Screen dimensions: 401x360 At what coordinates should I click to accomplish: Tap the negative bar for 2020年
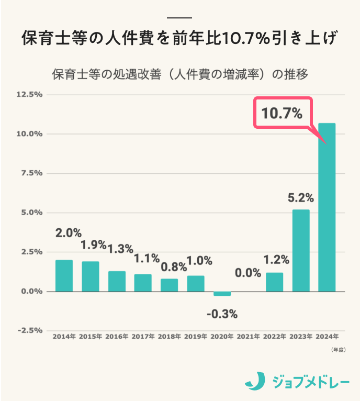pyautogui.click(x=222, y=294)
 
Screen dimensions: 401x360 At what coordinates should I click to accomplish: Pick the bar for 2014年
pyautogui.click(x=64, y=275)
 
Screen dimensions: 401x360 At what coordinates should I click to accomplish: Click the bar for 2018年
pyautogui.click(x=169, y=285)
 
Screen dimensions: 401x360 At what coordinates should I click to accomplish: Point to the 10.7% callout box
pyautogui.click(x=283, y=113)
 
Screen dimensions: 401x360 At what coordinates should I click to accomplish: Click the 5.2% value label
pyautogui.click(x=301, y=198)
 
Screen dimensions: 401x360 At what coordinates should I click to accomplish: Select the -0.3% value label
pyautogui.click(x=222, y=314)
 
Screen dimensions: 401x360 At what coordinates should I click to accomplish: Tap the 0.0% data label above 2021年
pyautogui.click(x=248, y=272)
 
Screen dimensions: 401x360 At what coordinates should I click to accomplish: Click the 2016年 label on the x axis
pyautogui.click(x=117, y=337)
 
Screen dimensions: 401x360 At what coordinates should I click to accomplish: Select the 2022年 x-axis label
pyautogui.click(x=274, y=337)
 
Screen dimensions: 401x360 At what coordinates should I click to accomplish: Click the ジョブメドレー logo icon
pyautogui.click(x=255, y=381)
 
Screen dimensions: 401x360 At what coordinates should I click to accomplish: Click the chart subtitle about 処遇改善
pyautogui.click(x=179, y=74)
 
